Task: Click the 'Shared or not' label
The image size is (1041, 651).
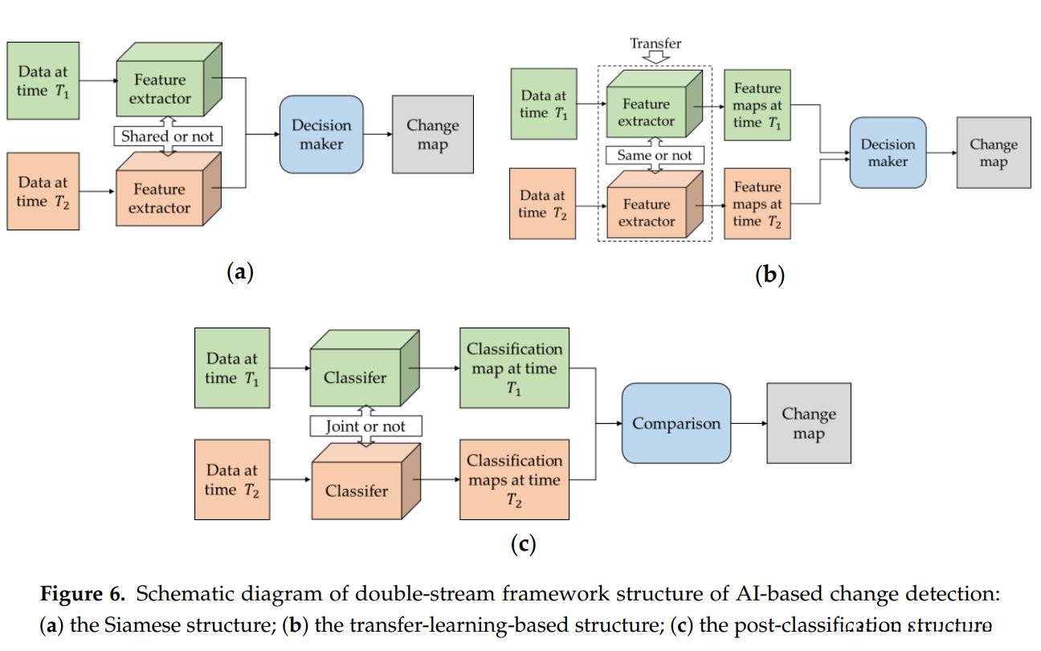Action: [x=167, y=136]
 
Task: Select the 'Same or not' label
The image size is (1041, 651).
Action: [x=655, y=156]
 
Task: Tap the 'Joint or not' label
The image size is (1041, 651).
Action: [x=365, y=426]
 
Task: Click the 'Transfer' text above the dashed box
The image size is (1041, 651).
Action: [x=655, y=43]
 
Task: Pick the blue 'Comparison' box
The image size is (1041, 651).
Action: [x=676, y=423]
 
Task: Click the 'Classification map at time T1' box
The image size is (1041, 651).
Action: [x=514, y=368]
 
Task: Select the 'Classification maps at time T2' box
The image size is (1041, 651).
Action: [x=514, y=480]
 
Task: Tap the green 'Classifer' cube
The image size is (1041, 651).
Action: [x=356, y=377]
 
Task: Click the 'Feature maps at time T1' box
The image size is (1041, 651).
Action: [x=757, y=106]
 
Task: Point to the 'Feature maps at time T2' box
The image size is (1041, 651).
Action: [x=757, y=204]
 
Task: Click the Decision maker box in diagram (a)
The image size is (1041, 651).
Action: [x=321, y=135]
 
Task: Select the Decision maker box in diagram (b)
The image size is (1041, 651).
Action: [x=888, y=153]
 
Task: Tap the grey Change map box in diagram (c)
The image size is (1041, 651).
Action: [x=808, y=423]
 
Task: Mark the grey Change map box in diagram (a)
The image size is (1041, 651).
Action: [x=432, y=135]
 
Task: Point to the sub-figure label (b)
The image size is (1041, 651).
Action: [x=770, y=275]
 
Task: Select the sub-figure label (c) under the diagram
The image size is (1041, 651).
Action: [x=523, y=544]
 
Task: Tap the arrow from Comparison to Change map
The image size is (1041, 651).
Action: [x=749, y=423]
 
